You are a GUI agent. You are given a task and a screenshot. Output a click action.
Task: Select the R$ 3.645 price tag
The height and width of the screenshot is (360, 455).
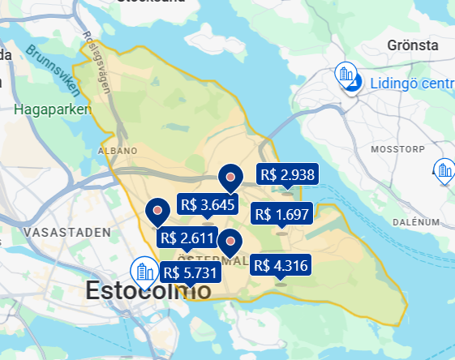(x=208, y=205)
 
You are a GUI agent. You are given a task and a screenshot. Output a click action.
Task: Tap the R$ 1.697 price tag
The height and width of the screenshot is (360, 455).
(x=281, y=214)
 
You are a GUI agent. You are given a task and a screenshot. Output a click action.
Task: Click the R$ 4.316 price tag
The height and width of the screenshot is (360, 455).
(x=281, y=265)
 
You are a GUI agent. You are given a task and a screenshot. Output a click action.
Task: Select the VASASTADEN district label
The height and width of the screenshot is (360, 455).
(x=67, y=232)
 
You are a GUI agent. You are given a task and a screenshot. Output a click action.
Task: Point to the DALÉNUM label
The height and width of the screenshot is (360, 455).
(x=415, y=221)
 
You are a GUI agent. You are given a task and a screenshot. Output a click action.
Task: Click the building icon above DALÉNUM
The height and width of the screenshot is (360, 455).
(x=444, y=170)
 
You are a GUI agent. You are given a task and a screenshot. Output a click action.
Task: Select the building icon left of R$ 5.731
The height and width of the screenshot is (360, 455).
(x=144, y=270)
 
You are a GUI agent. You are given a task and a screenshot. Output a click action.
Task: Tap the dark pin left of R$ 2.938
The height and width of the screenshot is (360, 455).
(x=231, y=176)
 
